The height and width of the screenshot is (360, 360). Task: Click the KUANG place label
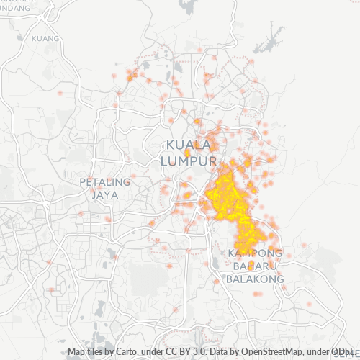[x=46, y=38]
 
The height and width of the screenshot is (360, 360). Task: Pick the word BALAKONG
[x=256, y=279]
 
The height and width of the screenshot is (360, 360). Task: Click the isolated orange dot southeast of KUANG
[x=60, y=93]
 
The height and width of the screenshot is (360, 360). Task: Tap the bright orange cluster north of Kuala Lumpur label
[x=197, y=122]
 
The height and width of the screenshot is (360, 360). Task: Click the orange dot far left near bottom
[x=51, y=290]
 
